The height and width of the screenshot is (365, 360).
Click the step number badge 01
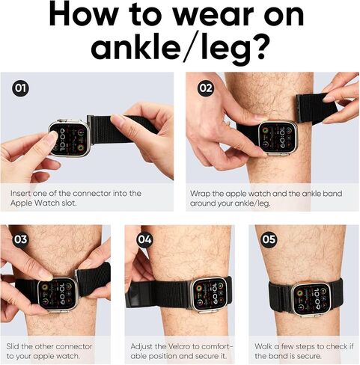pyautogui.click(x=20, y=88)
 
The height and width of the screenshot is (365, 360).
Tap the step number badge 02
pyautogui.click(x=206, y=88)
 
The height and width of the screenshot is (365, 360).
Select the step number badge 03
pyautogui.click(x=20, y=239)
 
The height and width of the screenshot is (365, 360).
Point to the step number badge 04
pyautogui.click(x=144, y=239)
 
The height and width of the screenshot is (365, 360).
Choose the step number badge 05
pyautogui.click(x=269, y=239)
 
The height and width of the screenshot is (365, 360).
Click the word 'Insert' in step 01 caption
pyautogui.click(x=21, y=194)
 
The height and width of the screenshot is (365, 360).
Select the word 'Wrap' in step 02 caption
pyautogui.click(x=200, y=194)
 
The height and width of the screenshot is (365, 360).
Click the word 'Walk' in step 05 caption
pyautogui.click(x=263, y=346)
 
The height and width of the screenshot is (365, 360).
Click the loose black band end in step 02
pyautogui.click(x=316, y=108)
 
